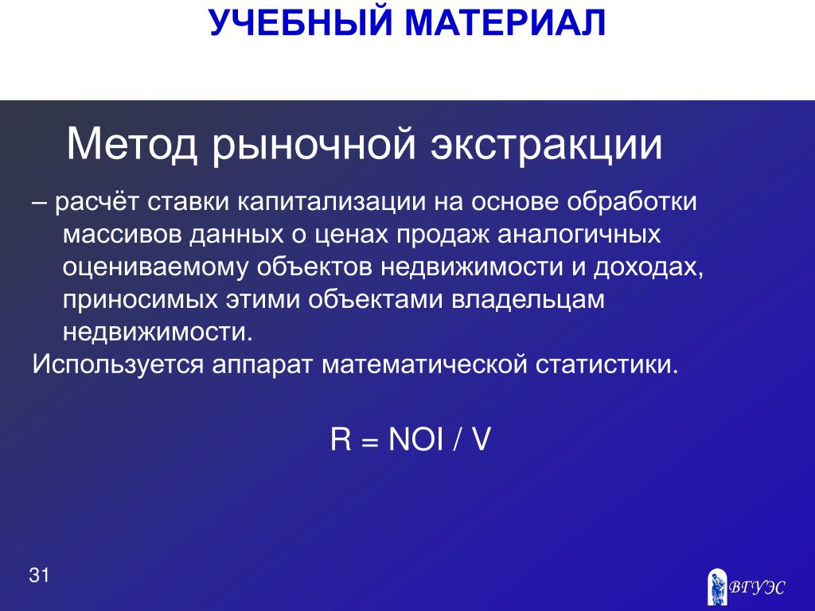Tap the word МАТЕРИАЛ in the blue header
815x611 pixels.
click(x=505, y=23)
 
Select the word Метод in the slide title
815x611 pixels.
click(x=132, y=145)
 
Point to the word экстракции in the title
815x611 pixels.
click(x=546, y=145)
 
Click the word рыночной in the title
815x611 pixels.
click(x=314, y=146)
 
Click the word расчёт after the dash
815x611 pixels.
click(x=96, y=202)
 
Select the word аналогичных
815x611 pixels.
click(x=579, y=235)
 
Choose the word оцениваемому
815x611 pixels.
click(x=156, y=268)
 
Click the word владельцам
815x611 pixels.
click(x=528, y=301)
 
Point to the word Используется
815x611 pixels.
click(x=118, y=364)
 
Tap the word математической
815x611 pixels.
click(x=425, y=364)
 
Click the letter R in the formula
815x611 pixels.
click(x=341, y=439)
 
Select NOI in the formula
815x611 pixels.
click(x=416, y=439)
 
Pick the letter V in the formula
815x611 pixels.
click(x=481, y=439)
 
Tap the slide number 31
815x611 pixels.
click(x=39, y=576)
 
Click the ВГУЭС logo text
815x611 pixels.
click(x=756, y=588)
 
